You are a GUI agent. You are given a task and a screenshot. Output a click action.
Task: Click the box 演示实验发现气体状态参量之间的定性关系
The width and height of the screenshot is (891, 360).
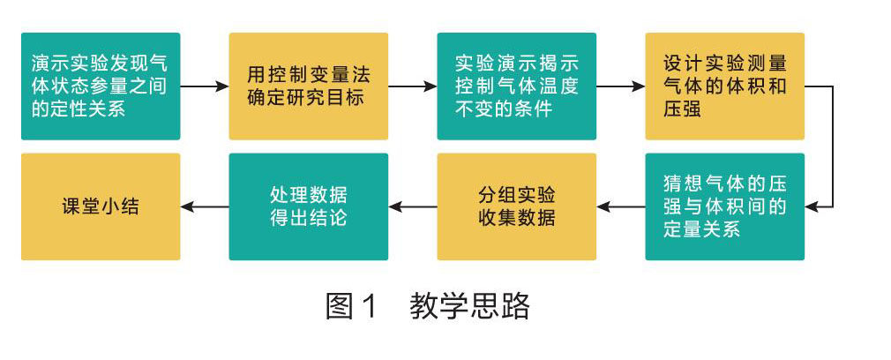coord(101,86)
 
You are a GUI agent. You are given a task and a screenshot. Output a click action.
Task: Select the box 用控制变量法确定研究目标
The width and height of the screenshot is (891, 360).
coord(309,86)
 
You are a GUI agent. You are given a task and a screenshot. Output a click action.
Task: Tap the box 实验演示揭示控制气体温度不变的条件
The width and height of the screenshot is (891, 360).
coord(516,86)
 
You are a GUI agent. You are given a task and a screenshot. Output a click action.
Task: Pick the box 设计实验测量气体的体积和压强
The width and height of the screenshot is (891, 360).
coord(724,86)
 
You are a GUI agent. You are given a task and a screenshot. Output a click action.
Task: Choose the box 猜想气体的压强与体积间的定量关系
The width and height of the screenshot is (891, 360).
coord(724,206)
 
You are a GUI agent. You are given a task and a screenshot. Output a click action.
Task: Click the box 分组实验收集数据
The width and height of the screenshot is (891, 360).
coord(516,206)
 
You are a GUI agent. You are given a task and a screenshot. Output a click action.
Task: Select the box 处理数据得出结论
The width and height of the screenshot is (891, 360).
coord(309,206)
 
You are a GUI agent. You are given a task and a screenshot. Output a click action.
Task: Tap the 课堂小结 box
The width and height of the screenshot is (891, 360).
coord(101,206)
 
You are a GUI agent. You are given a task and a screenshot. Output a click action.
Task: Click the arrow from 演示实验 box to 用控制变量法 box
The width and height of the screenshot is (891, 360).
coord(205,86)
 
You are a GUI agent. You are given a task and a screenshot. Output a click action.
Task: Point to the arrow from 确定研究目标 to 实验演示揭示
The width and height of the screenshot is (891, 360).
coord(412,86)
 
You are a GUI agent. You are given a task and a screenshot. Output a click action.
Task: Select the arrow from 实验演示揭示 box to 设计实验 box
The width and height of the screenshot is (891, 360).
coord(620,86)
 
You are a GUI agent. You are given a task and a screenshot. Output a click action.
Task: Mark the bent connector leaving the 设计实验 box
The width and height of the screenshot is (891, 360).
coord(831,146)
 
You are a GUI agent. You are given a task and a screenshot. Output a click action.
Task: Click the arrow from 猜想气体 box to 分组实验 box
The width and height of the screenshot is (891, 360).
coord(620,206)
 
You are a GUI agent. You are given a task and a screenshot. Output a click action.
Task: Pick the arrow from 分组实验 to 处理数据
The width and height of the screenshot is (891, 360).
coord(412,206)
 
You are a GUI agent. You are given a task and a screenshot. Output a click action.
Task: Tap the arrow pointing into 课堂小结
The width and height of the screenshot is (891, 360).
coord(205,206)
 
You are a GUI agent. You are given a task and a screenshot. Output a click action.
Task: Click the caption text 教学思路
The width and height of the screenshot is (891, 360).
coord(470,306)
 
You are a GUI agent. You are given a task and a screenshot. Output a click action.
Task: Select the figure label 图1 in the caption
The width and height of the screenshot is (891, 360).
coord(351,306)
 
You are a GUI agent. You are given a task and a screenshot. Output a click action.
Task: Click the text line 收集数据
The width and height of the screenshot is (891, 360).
coord(516,218)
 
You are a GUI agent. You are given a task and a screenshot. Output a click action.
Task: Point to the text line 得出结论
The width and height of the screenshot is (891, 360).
coord(309,218)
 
